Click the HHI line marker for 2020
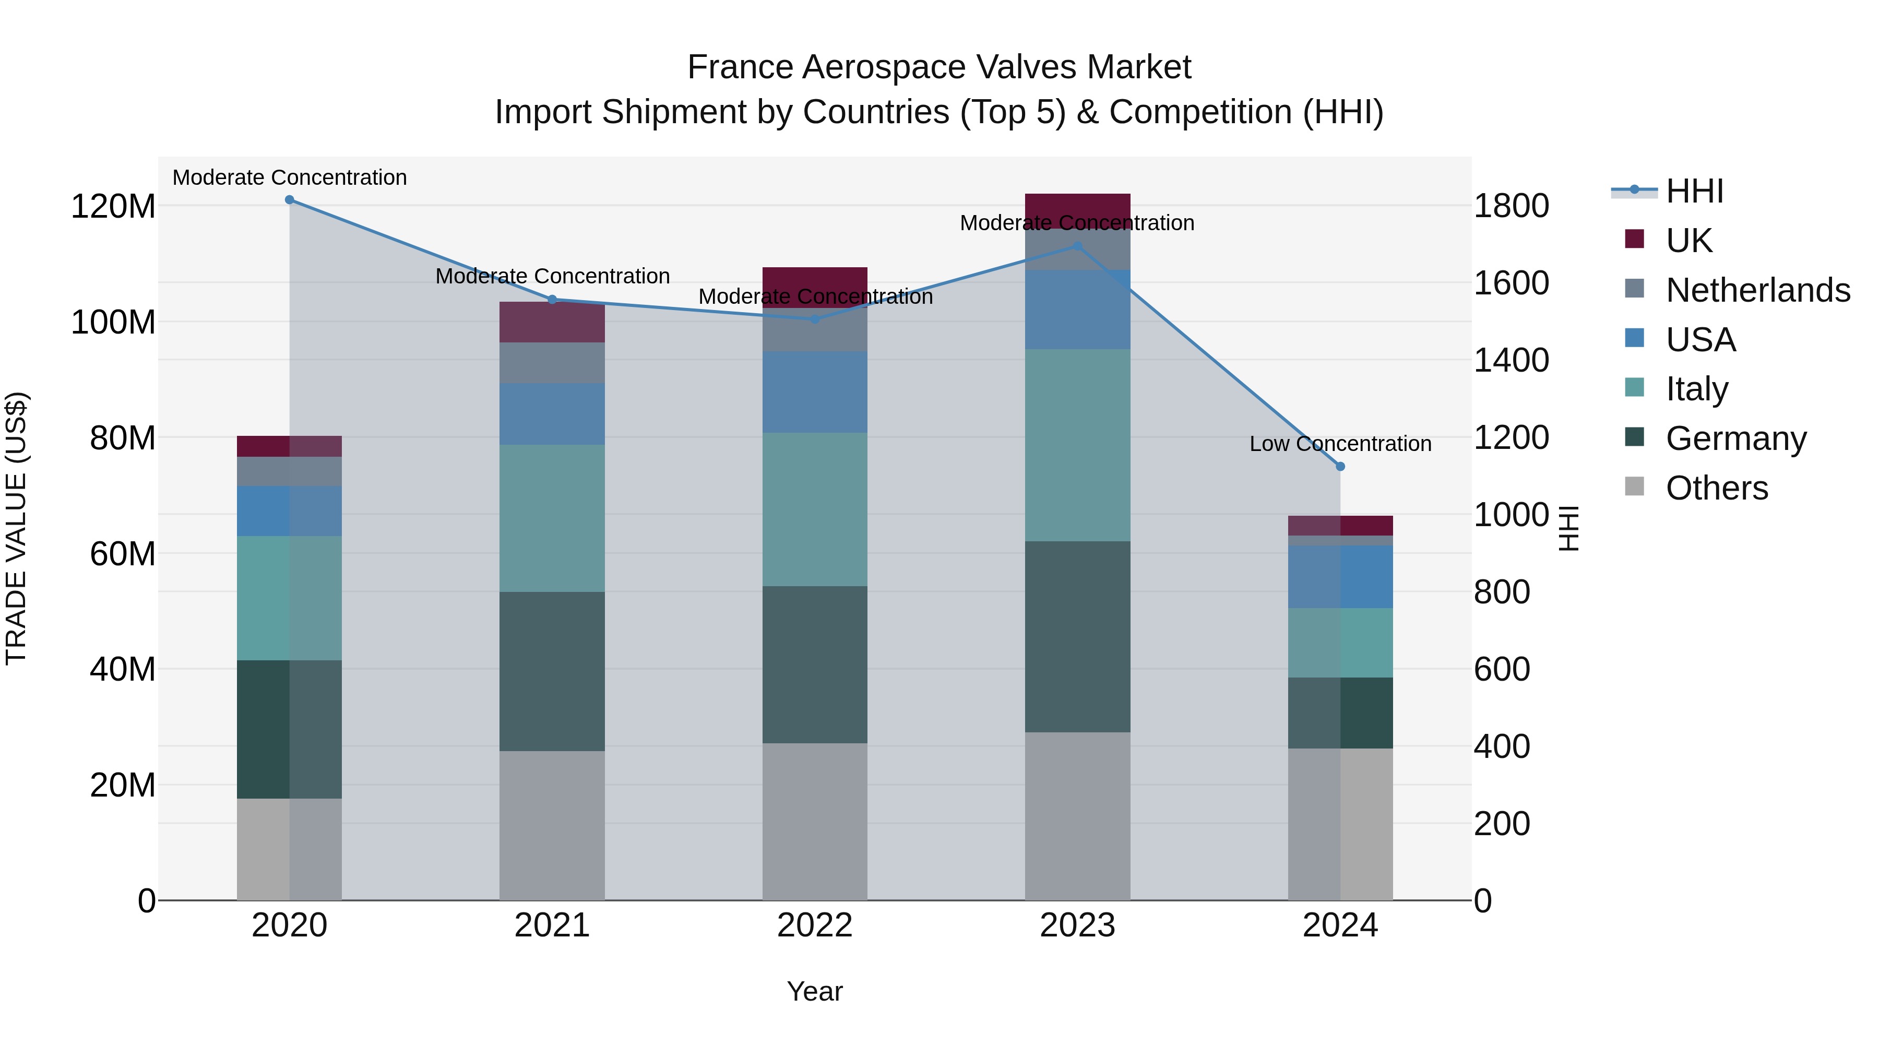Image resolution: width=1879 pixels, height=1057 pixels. point(290,200)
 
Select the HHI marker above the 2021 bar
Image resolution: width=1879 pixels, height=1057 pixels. point(552,300)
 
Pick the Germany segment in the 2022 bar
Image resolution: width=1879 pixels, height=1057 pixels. point(815,664)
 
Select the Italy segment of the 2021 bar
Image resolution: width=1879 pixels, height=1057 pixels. point(552,518)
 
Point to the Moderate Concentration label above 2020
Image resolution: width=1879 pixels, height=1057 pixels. point(290,178)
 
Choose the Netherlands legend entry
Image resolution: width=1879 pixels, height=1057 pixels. point(1757,290)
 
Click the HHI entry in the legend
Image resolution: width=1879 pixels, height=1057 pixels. point(1694,191)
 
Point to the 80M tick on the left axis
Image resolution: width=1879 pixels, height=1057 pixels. point(123,438)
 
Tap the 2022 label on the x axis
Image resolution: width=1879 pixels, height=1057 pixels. point(815,925)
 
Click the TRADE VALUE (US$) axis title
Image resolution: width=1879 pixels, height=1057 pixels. point(16,528)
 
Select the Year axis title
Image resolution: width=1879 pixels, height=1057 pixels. point(815,991)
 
